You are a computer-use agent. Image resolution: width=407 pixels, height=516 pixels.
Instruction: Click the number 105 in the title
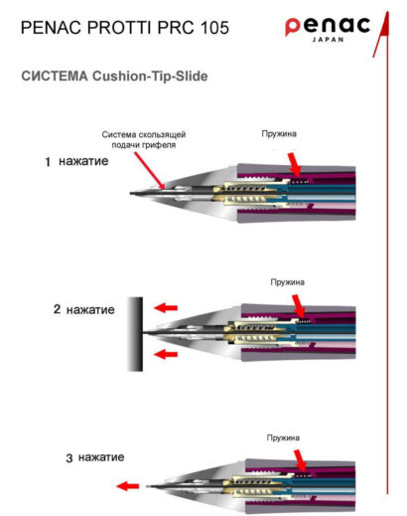click(x=214, y=27)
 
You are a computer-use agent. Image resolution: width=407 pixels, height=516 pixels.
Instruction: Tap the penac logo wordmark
click(x=328, y=26)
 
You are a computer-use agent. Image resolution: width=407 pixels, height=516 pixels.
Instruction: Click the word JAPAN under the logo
click(x=328, y=40)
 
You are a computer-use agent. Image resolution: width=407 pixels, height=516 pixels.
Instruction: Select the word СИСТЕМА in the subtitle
click(x=55, y=77)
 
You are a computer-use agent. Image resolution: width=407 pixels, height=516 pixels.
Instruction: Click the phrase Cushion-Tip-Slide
click(x=150, y=77)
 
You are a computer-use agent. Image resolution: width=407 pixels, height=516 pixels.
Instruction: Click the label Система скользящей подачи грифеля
click(x=144, y=139)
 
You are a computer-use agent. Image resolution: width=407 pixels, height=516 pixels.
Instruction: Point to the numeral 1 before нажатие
click(x=48, y=162)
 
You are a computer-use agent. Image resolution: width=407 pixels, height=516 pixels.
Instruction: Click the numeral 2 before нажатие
click(x=57, y=309)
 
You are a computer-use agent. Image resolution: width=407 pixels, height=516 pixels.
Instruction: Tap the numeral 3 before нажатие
click(x=69, y=458)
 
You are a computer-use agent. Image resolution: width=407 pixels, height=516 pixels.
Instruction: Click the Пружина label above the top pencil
click(x=279, y=134)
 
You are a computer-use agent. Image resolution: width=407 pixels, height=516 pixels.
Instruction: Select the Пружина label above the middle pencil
click(x=288, y=282)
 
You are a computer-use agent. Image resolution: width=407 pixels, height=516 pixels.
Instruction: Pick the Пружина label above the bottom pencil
click(x=283, y=437)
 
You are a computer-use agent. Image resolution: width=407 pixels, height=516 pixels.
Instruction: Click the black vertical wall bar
click(x=136, y=334)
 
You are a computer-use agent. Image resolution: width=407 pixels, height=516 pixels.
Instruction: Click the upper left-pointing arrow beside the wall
click(x=166, y=308)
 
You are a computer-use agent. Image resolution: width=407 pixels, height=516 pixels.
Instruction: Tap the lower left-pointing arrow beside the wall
click(x=166, y=354)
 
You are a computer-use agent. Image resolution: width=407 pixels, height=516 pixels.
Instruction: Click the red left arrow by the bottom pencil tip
click(x=128, y=486)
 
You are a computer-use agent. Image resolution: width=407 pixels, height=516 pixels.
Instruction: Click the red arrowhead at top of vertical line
click(x=382, y=32)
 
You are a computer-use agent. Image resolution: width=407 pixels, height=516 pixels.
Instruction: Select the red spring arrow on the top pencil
click(x=294, y=164)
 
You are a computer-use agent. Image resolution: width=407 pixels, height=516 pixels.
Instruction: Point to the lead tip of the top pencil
click(x=131, y=193)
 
